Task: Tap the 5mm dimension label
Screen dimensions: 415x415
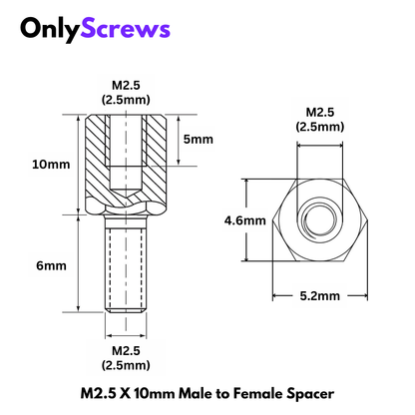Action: [x=200, y=140]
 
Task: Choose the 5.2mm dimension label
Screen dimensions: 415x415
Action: [x=319, y=295]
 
